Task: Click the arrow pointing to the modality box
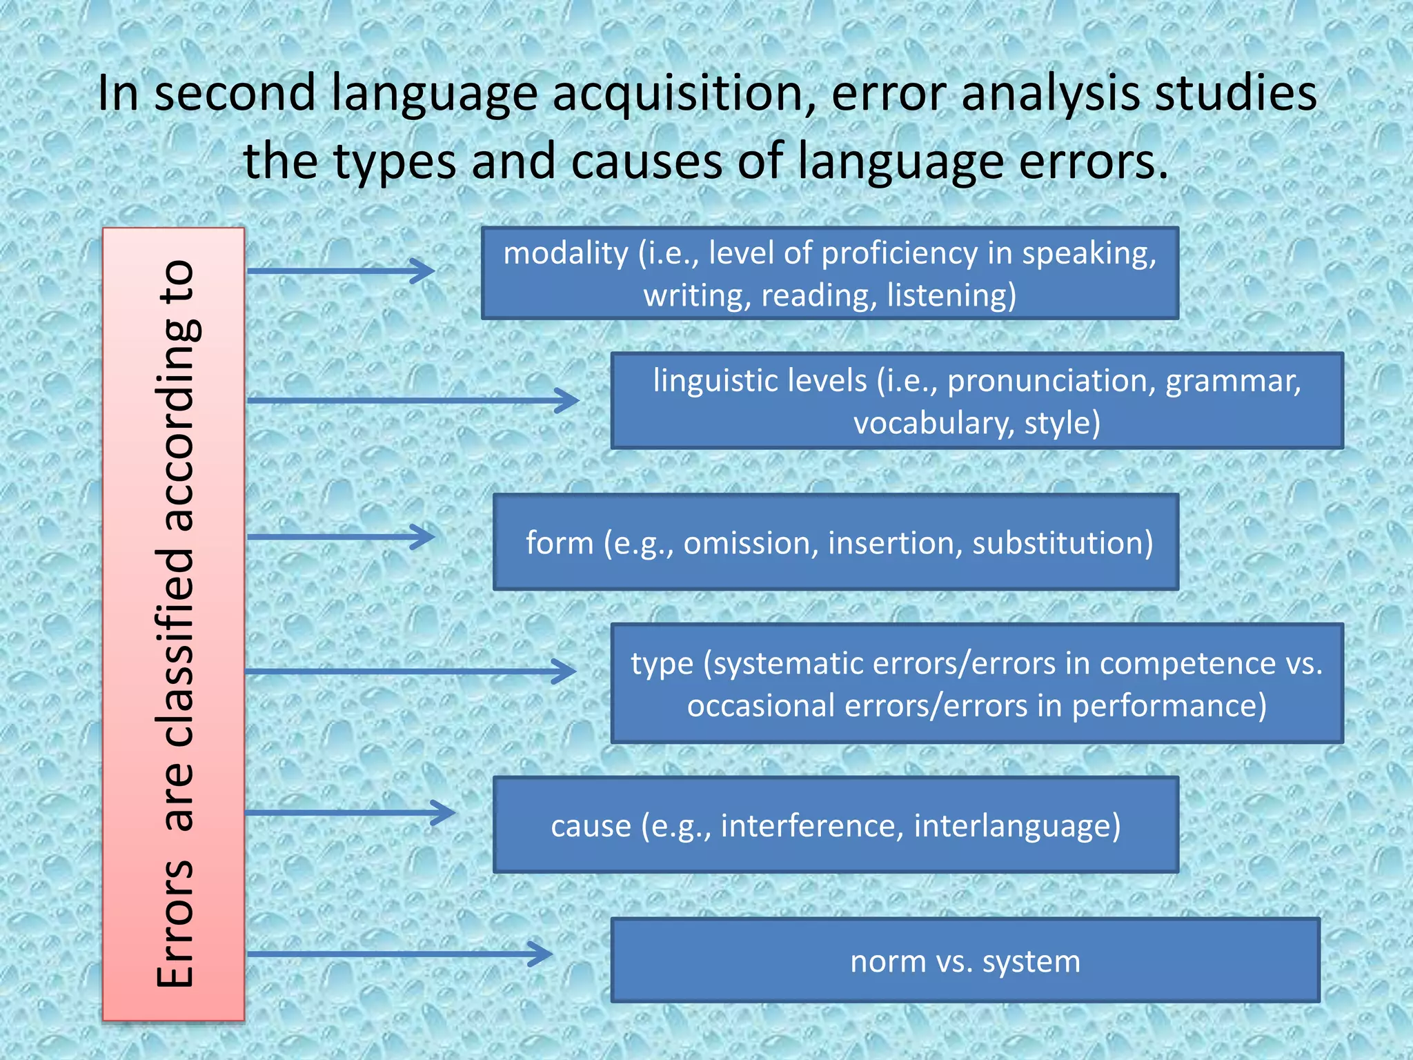[x=341, y=271]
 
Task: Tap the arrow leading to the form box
[x=341, y=536]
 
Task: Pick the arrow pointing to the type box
[x=411, y=671]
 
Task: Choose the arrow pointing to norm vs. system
[x=399, y=954]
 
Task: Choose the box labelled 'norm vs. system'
[x=965, y=960]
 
